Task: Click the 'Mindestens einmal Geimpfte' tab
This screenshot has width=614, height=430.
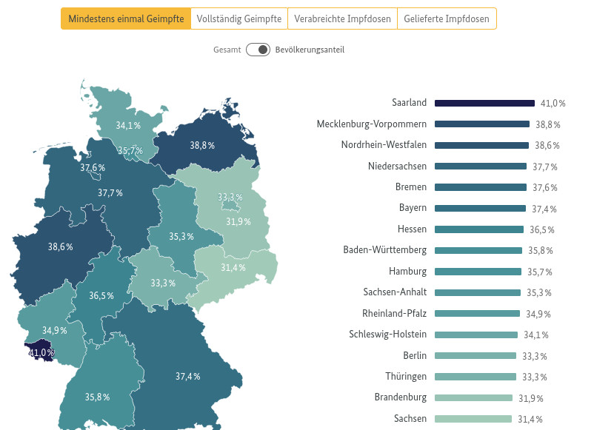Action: pyautogui.click(x=126, y=19)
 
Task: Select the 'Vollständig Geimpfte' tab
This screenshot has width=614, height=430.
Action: pyautogui.click(x=239, y=19)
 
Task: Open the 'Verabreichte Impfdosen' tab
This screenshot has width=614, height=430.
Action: pyautogui.click(x=342, y=19)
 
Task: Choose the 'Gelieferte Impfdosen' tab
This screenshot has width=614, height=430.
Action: pyautogui.click(x=447, y=19)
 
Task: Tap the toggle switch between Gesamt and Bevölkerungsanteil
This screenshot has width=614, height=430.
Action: pyautogui.click(x=258, y=50)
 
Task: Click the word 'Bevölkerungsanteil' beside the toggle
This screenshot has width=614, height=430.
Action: pyautogui.click(x=310, y=50)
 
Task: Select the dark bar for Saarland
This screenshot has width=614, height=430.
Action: pyautogui.click(x=484, y=103)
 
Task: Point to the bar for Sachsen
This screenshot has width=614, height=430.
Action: pyautogui.click(x=473, y=419)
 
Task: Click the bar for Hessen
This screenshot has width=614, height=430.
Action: pyautogui.click(x=479, y=229)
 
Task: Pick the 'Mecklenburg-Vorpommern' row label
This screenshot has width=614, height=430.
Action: pyautogui.click(x=371, y=124)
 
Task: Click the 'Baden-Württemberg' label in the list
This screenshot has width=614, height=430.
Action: pyautogui.click(x=384, y=250)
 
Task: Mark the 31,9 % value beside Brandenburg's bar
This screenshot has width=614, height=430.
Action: pyautogui.click(x=530, y=398)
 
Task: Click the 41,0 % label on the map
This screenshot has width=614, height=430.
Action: pyautogui.click(x=41, y=353)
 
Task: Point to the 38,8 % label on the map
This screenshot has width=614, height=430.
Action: pyautogui.click(x=202, y=146)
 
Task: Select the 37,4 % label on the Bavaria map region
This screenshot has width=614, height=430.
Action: pyautogui.click(x=188, y=377)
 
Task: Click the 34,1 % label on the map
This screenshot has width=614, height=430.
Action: pyautogui.click(x=128, y=125)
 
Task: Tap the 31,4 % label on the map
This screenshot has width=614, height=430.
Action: pyautogui.click(x=233, y=268)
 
